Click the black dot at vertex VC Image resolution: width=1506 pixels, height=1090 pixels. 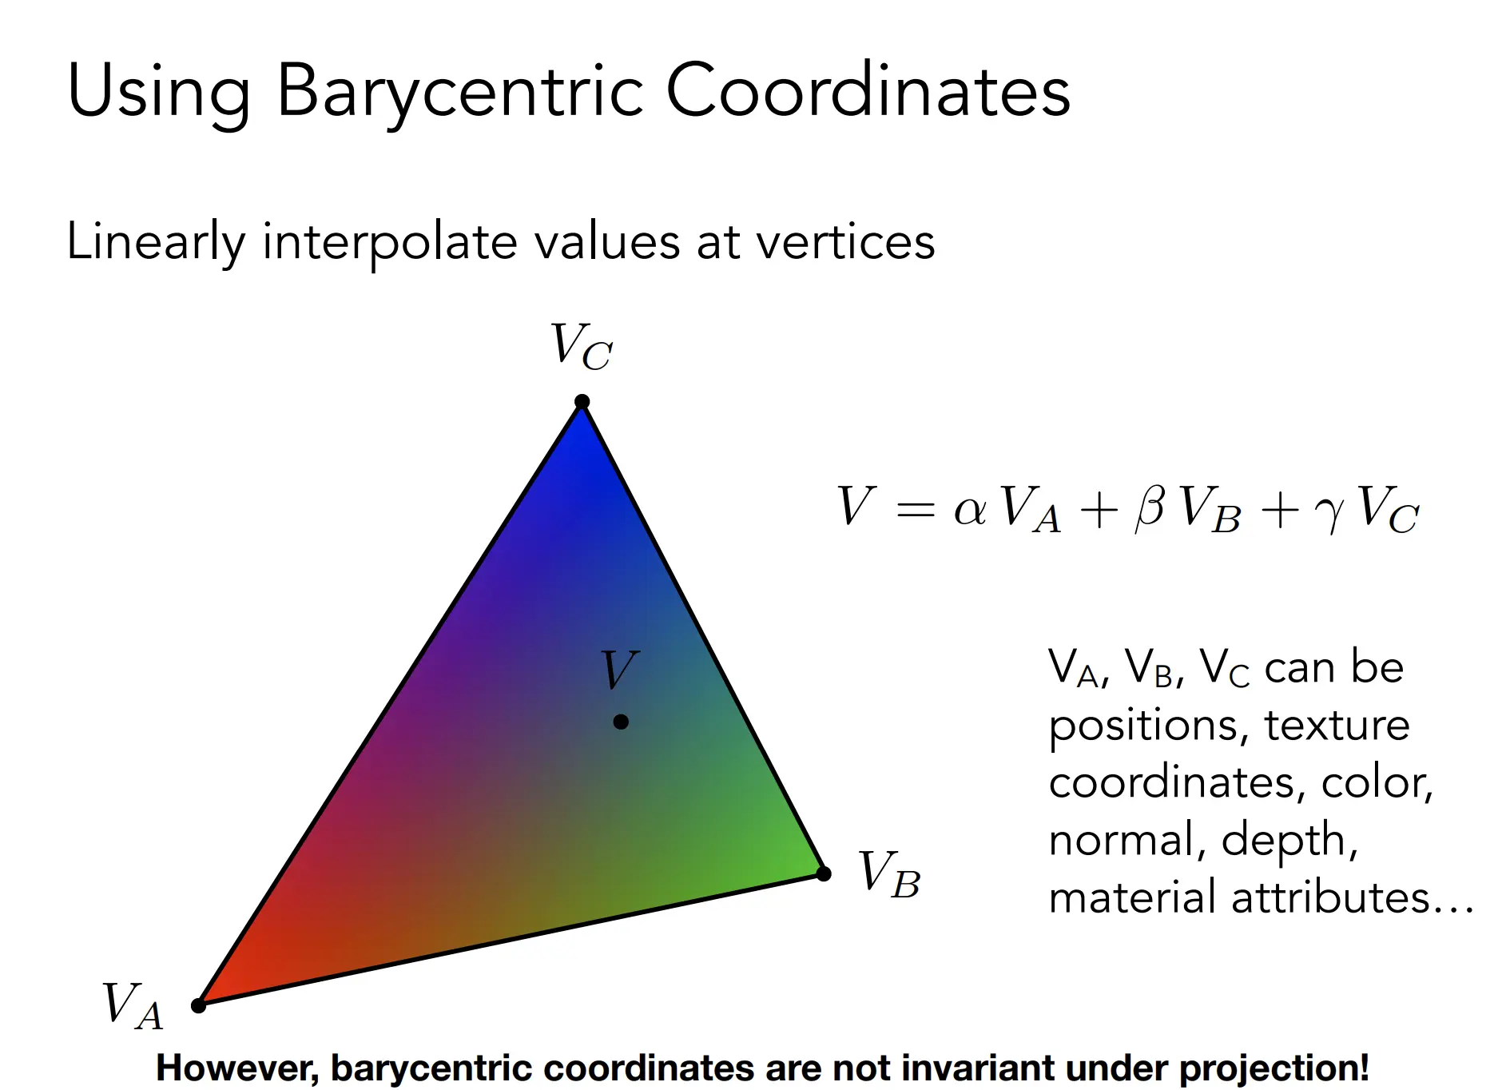tap(582, 401)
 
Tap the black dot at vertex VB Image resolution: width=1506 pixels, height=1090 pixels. tap(824, 873)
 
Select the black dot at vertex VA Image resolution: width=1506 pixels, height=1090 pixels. tap(199, 1004)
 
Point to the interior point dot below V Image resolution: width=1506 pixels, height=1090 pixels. tap(621, 722)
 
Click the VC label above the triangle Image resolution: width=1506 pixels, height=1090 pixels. tap(582, 346)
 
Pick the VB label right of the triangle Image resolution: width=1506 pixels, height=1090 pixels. tap(889, 874)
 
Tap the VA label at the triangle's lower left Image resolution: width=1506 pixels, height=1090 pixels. tap(133, 1004)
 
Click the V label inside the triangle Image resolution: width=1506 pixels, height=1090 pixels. tap(620, 669)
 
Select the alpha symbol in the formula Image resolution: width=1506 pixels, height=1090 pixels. tap(970, 510)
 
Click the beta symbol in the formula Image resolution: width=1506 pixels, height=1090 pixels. tap(1150, 507)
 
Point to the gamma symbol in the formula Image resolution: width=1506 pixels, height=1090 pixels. tap(1329, 514)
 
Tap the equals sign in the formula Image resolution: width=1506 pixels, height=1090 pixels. tap(916, 508)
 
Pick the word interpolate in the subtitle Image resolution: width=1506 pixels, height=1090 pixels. tap(390, 243)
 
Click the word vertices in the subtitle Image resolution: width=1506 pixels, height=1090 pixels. tap(845, 241)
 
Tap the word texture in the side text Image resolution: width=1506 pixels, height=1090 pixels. tap(1337, 726)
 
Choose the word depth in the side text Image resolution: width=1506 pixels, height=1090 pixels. tap(1289, 841)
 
